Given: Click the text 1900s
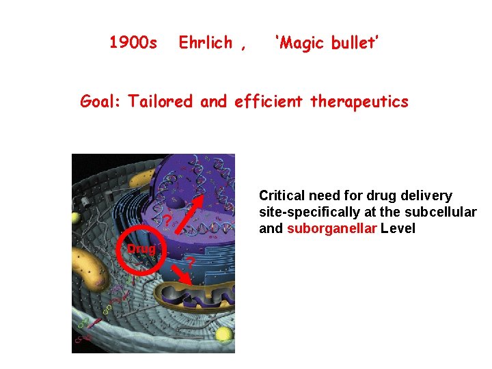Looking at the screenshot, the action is click(133, 44).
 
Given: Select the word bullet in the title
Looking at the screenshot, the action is click(355, 44).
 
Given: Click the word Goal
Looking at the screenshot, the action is click(99, 102).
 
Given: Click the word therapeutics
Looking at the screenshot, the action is click(359, 102).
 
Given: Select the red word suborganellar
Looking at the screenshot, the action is click(331, 229).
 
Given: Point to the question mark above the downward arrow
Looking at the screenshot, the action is click(192, 262).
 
